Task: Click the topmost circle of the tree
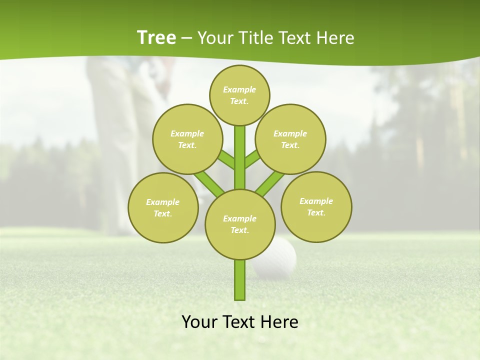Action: tap(239, 95)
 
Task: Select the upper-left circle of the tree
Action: tap(187, 139)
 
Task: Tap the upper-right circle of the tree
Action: tap(290, 139)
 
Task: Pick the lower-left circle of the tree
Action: tap(163, 207)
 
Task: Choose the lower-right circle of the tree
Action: tap(316, 206)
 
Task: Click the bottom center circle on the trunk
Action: tap(240, 224)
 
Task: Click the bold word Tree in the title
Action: tap(156, 37)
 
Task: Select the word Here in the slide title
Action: tap(335, 37)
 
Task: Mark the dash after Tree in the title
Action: tap(187, 38)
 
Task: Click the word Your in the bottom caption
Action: tap(200, 322)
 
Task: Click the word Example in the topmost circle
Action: tap(239, 90)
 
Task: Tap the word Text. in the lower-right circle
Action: tap(316, 212)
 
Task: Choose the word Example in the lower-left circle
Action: tap(163, 202)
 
